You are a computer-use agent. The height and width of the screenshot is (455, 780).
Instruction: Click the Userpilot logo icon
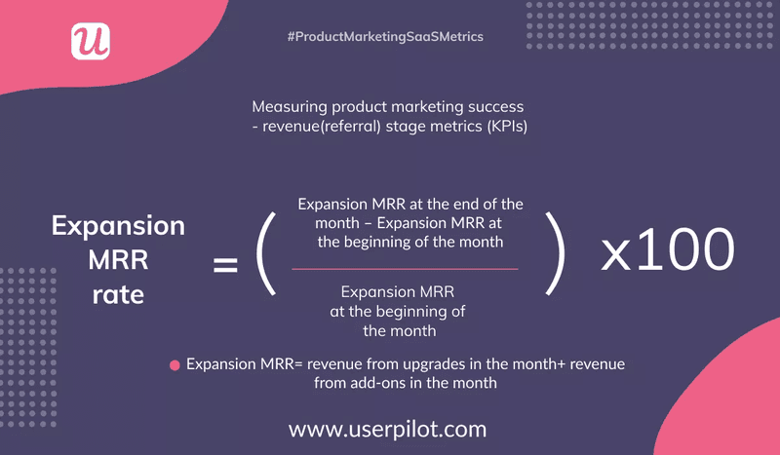click(91, 40)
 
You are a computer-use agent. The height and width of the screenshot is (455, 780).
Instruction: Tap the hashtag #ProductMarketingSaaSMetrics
click(385, 36)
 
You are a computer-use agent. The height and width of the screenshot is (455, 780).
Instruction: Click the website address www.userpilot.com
click(387, 429)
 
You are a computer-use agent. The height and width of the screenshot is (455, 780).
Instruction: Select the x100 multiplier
click(667, 250)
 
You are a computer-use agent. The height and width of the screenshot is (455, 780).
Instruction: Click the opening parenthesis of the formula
click(265, 257)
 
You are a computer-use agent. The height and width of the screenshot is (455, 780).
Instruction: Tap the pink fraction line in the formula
click(405, 268)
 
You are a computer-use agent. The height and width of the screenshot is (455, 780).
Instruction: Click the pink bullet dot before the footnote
click(175, 365)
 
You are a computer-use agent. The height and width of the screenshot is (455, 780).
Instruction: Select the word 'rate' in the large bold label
click(118, 292)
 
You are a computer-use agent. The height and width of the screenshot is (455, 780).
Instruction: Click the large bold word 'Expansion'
click(118, 226)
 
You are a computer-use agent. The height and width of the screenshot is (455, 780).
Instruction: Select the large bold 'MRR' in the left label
click(118, 259)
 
